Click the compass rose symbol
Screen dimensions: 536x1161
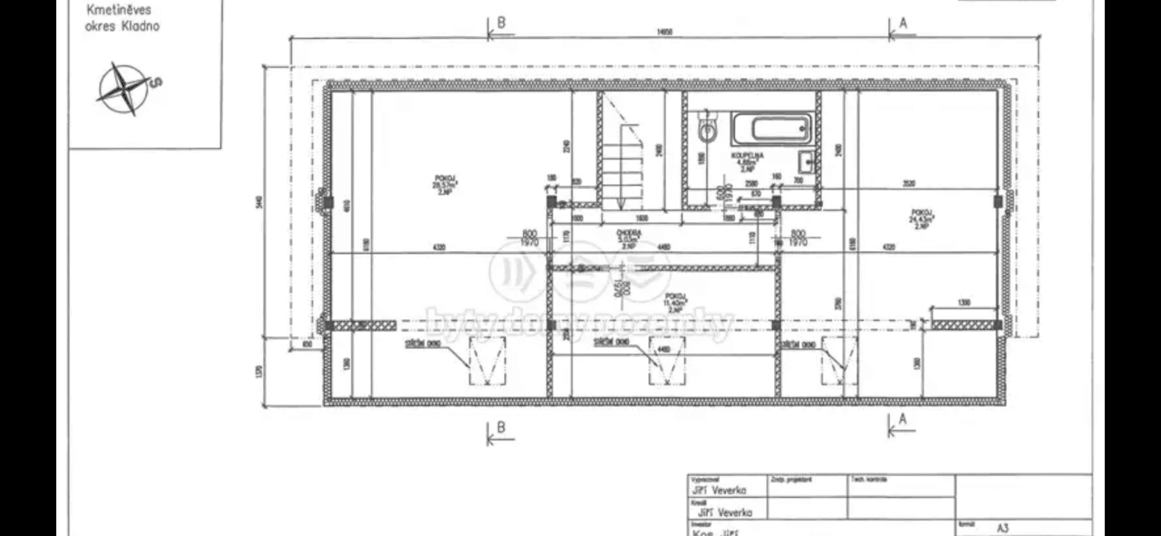122,89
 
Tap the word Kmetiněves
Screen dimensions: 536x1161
119,10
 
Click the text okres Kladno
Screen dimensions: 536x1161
122,26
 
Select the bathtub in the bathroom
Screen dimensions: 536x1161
771,129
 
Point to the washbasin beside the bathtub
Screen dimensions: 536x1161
806,161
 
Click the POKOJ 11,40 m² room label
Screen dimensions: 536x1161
675,301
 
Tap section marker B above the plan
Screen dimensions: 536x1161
501,23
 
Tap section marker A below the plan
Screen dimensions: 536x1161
902,420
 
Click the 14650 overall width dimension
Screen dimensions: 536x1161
664,31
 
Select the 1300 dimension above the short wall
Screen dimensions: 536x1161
964,303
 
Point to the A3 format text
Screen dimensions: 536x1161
1002,528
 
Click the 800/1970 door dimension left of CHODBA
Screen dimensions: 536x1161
530,238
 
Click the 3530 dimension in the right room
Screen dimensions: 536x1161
908,183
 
